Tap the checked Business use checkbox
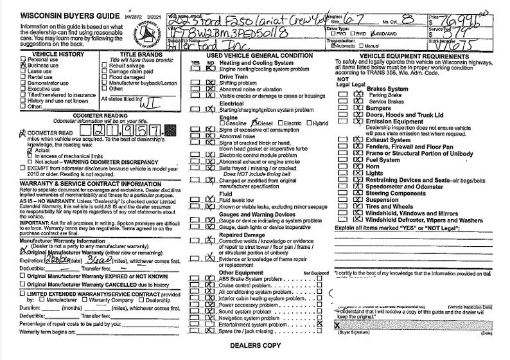[23, 65]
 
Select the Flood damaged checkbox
[104, 76]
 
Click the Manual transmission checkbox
[362, 46]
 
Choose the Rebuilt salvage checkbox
[104, 65]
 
